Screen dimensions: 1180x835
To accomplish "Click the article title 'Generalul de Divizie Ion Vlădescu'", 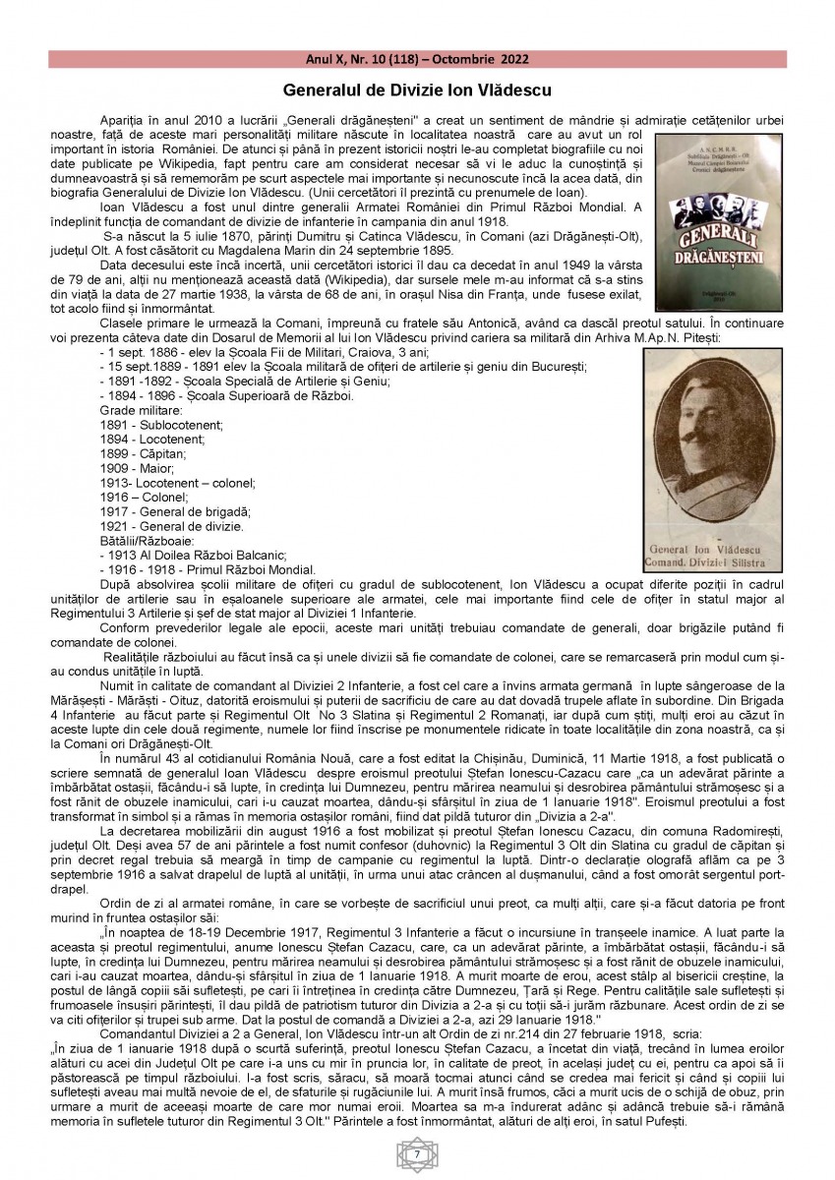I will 417,89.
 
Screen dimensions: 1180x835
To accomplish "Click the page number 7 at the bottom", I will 417,1152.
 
